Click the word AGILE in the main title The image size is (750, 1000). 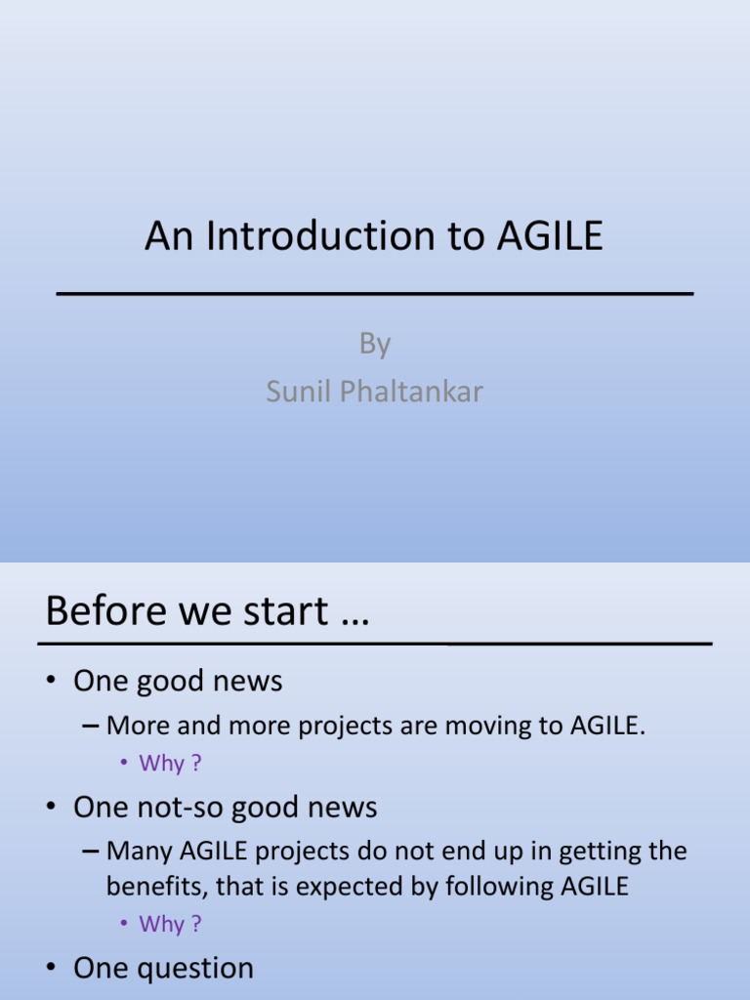(550, 235)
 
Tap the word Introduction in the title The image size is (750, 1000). (321, 235)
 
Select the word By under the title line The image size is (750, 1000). (375, 345)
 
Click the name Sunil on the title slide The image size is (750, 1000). (299, 391)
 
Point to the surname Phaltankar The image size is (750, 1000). (411, 391)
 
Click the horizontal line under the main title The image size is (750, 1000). (375, 293)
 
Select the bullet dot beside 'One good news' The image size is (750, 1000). (52, 680)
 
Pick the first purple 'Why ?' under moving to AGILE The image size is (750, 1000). (170, 763)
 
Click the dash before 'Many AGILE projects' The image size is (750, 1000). (91, 852)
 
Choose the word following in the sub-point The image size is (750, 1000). (499, 887)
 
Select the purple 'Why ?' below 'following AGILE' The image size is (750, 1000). (170, 924)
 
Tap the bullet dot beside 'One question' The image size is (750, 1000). (52, 968)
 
